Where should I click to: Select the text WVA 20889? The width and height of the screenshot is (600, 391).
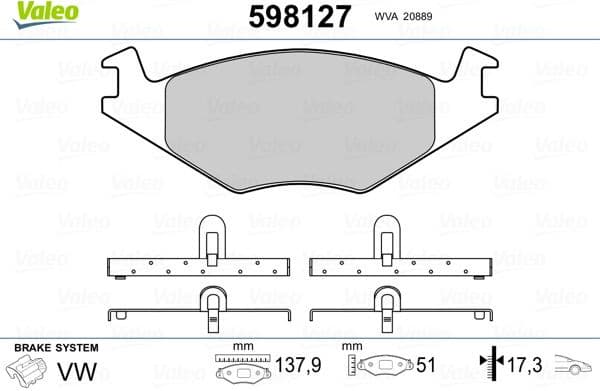402,17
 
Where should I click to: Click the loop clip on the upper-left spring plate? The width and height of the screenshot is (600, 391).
212,241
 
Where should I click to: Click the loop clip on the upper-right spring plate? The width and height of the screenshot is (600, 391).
387,241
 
